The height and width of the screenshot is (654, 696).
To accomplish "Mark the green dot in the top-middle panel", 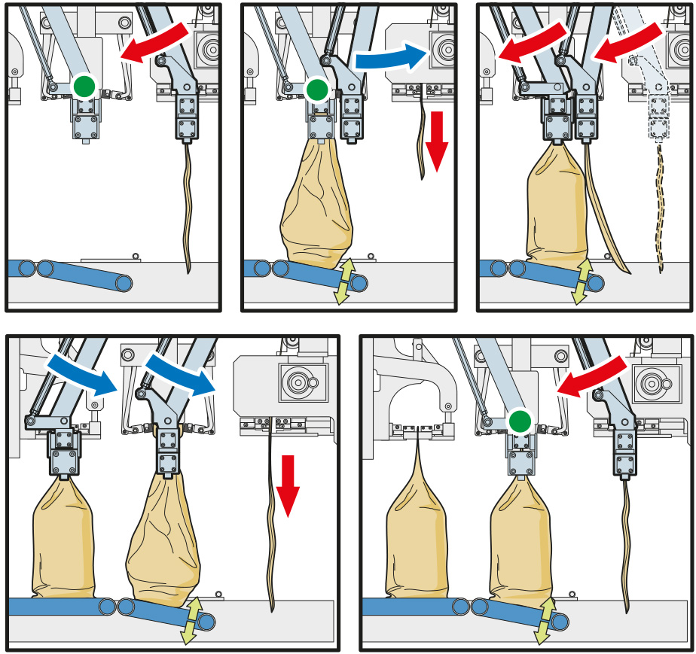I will point(317,90).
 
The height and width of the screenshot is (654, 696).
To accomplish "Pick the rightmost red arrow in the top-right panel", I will point(627,41).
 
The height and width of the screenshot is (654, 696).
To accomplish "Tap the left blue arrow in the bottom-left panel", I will point(81,373).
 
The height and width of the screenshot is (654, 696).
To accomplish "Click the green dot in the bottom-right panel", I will point(518,421).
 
